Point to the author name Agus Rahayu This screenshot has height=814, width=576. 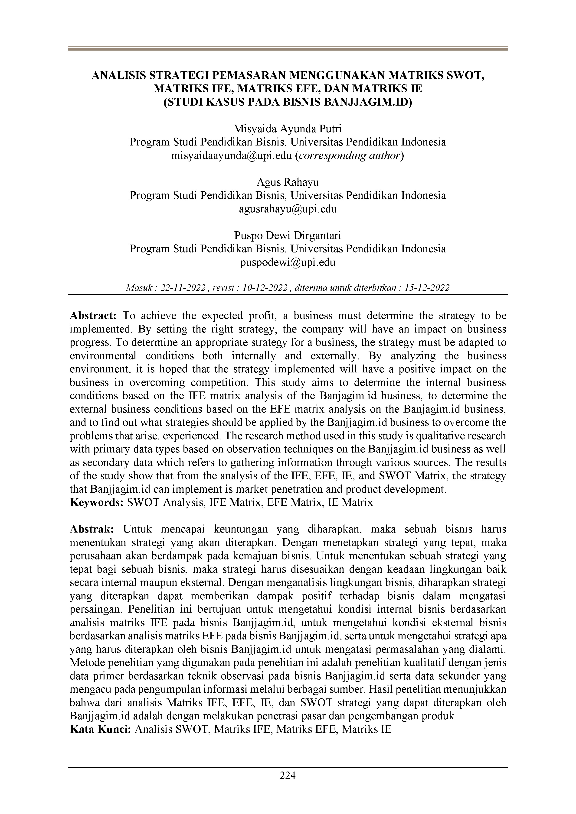(288, 182)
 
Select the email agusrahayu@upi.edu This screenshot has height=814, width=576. (288, 209)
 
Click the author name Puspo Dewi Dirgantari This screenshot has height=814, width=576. (288, 236)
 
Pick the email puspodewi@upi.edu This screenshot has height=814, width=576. (288, 262)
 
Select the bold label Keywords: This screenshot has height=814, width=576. (97, 502)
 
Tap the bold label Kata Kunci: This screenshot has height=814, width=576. (101, 730)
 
